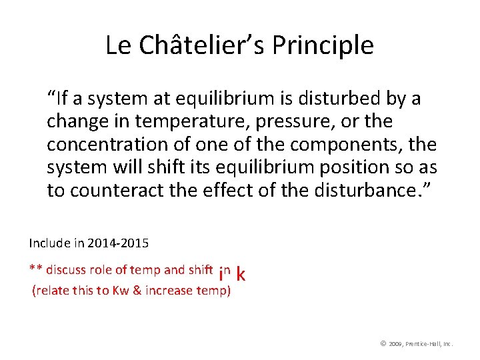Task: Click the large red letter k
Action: pyautogui.click(x=241, y=274)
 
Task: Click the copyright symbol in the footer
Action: pyautogui.click(x=383, y=343)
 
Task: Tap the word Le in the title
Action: pyautogui.click(x=117, y=45)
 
